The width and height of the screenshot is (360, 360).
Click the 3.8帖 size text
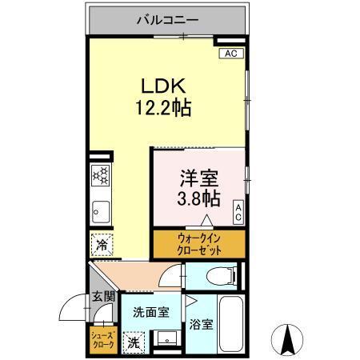tap(199, 195)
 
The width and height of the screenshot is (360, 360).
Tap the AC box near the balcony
tap(230, 54)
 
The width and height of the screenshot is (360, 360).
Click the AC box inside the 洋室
tap(238, 212)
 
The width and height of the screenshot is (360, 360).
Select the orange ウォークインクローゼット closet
tap(198, 243)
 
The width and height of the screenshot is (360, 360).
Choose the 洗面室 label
tap(150, 313)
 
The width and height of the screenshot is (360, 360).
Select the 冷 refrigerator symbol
tap(102, 246)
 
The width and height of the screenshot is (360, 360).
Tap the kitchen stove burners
tap(101, 175)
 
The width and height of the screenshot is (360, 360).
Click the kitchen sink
tap(101, 212)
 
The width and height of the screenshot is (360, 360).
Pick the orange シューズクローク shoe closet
tap(102, 338)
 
